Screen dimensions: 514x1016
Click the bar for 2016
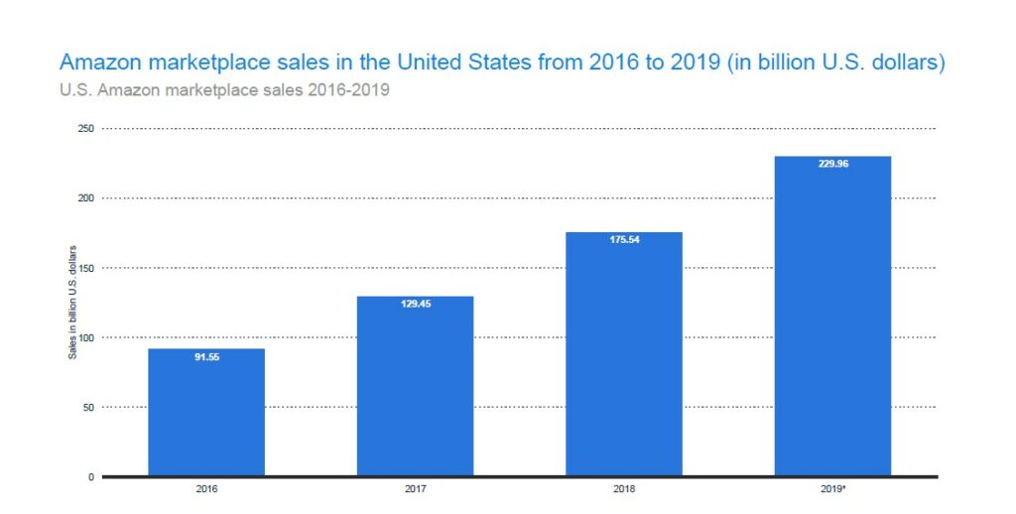206,412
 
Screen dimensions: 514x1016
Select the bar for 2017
415,386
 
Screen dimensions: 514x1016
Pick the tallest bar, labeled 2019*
832,317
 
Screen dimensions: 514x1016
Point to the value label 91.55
206,356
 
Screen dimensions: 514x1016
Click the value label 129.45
415,304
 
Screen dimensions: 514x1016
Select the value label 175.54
624,239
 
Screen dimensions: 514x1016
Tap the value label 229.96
832,164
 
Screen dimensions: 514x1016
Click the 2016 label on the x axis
206,490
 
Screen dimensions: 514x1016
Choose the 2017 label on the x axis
415,490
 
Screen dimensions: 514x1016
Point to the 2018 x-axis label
624,490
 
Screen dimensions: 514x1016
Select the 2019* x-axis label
832,490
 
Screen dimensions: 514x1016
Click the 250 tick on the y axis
86,129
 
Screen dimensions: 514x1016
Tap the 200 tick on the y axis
86,198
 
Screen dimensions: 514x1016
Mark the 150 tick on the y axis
86,268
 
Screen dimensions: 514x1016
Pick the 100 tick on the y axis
86,337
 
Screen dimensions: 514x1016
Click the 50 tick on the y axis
88,407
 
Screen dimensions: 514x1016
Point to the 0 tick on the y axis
91,477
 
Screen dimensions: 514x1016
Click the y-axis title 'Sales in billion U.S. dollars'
71,304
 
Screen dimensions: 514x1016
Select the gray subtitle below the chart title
224,91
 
